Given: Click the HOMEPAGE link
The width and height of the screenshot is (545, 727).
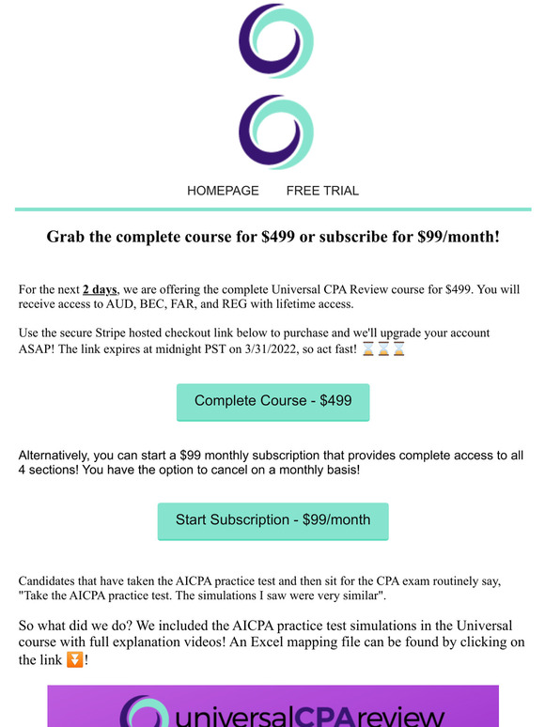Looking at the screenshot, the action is coord(223,191).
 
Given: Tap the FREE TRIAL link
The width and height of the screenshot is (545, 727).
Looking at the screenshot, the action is coord(322,191).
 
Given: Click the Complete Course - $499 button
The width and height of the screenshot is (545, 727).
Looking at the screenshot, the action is coord(272,401).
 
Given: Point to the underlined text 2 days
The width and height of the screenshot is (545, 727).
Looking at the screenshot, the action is coord(100,288).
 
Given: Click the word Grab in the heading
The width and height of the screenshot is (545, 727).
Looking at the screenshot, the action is coord(67,237).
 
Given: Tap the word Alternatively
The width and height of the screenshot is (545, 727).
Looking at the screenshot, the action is coord(59,456).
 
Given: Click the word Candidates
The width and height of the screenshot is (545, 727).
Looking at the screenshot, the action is coord(52,581).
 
